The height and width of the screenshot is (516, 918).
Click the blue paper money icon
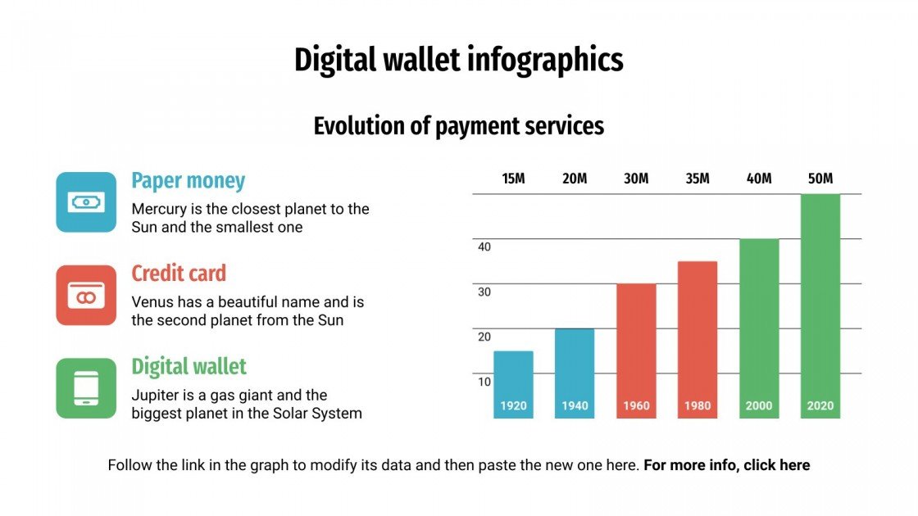click(x=86, y=201)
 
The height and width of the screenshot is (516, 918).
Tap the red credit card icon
click(x=86, y=295)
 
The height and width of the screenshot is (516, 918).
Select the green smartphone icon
click(x=86, y=388)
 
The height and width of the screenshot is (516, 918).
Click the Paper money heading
click(x=188, y=181)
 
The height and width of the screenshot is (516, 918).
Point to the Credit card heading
click(x=178, y=274)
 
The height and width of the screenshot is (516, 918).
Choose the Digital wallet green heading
click(x=189, y=366)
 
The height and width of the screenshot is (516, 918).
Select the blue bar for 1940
click(x=575, y=373)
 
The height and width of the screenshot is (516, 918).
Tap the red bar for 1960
click(x=636, y=350)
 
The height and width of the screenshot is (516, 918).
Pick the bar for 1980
click(x=698, y=339)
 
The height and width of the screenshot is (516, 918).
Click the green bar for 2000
click(x=759, y=328)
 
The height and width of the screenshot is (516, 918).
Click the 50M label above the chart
click(x=820, y=179)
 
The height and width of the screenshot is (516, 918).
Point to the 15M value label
click(x=513, y=179)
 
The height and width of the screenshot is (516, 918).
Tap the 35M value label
click(x=698, y=179)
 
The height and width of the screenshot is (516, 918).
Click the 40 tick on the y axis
click(x=484, y=247)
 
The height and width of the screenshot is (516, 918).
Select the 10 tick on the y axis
click(x=484, y=382)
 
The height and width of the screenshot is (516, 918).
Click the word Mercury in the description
click(x=158, y=209)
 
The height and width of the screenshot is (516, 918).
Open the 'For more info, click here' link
click(x=726, y=465)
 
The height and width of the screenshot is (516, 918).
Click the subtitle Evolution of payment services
click(x=458, y=125)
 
